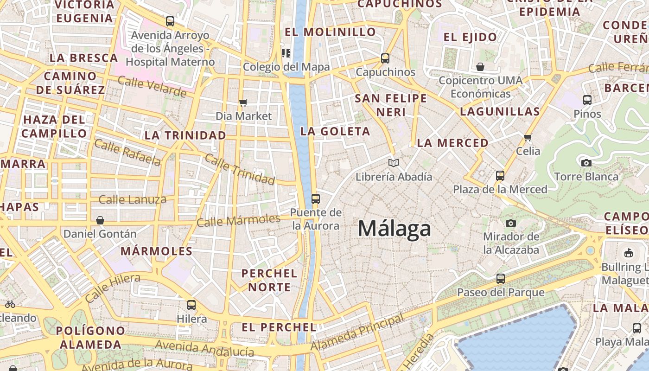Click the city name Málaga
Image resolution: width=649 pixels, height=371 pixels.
[394, 229]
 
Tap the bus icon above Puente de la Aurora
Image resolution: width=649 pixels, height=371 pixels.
[316, 199]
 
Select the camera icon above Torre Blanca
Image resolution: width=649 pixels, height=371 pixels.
[586, 163]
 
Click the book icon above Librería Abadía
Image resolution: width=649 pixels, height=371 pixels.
[394, 163]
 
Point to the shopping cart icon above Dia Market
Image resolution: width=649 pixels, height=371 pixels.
[243, 102]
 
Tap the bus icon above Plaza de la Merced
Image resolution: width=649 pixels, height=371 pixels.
[500, 175]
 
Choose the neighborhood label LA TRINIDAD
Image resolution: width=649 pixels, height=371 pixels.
[185, 135]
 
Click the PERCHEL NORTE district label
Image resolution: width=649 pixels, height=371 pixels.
[269, 280]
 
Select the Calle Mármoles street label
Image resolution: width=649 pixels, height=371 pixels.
[238, 220]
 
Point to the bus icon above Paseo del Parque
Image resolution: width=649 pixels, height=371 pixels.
[500, 279]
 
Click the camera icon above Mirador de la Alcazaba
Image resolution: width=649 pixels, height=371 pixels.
[511, 223]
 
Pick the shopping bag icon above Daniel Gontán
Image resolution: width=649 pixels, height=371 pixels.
[100, 220]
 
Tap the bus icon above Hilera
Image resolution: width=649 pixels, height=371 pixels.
[191, 305]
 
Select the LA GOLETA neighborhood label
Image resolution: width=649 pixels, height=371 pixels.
[335, 131]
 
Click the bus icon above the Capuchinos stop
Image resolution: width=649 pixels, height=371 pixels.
[385, 58]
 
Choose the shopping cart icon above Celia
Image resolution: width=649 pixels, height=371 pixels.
[528, 137]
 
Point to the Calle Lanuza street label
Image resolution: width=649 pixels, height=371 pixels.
[133, 200]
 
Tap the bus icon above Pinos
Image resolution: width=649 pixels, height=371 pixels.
[587, 100]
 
